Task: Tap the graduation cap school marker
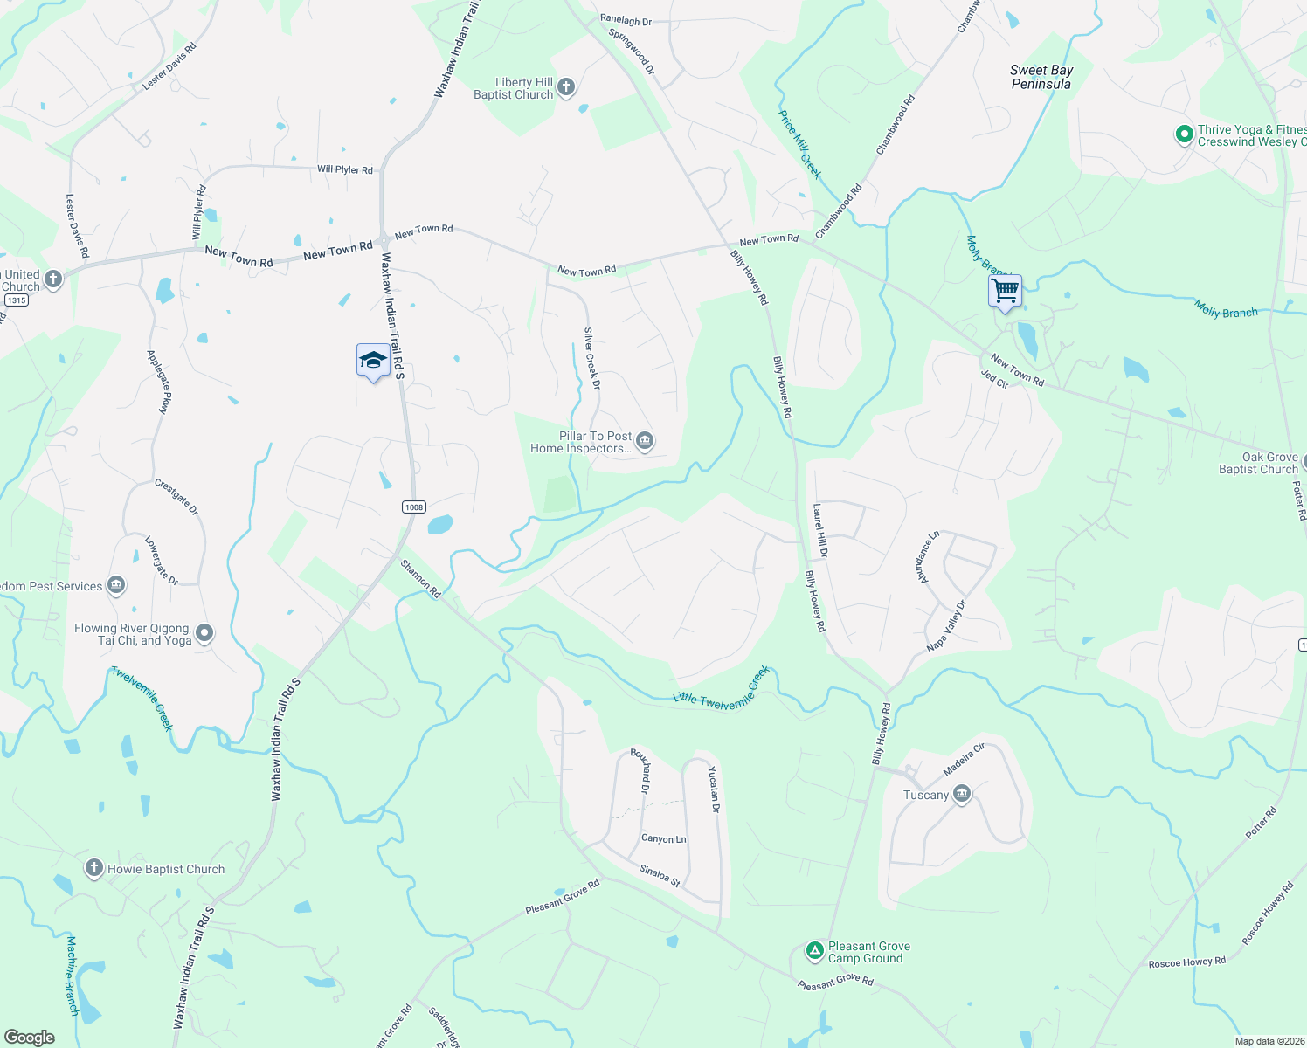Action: pyautogui.click(x=373, y=361)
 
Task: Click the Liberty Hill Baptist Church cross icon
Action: pyautogui.click(x=566, y=86)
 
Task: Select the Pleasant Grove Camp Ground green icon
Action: pyautogui.click(x=814, y=951)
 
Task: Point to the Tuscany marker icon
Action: pyautogui.click(x=962, y=794)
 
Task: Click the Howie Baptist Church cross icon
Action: pyautogui.click(x=94, y=868)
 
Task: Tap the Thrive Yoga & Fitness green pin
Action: pyautogui.click(x=1185, y=134)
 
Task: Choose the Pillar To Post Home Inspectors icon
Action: pyautogui.click(x=645, y=441)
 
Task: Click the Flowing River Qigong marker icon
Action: pyautogui.click(x=204, y=633)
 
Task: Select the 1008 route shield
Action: pyautogui.click(x=414, y=507)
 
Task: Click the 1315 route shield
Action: pyautogui.click(x=17, y=300)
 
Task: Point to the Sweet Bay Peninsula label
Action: pyautogui.click(x=1041, y=77)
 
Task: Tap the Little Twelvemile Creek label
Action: pyautogui.click(x=722, y=690)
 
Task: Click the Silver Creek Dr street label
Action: pyautogui.click(x=592, y=358)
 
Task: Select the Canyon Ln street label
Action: pyautogui.click(x=664, y=838)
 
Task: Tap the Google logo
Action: pyautogui.click(x=30, y=1037)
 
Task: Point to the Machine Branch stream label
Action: pyautogui.click(x=73, y=975)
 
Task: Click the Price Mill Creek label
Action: pyautogui.click(x=800, y=144)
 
